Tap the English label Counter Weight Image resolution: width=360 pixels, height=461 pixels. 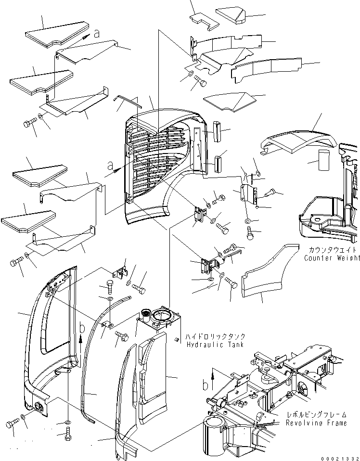tap(332, 258)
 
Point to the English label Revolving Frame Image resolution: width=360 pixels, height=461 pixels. tap(316, 423)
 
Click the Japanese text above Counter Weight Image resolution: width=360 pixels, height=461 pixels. tap(332, 250)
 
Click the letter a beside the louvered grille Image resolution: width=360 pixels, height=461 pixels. tap(110, 166)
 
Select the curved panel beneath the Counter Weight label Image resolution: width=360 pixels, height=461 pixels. tap(267, 274)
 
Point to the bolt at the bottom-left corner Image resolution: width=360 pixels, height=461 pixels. tap(12, 425)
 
